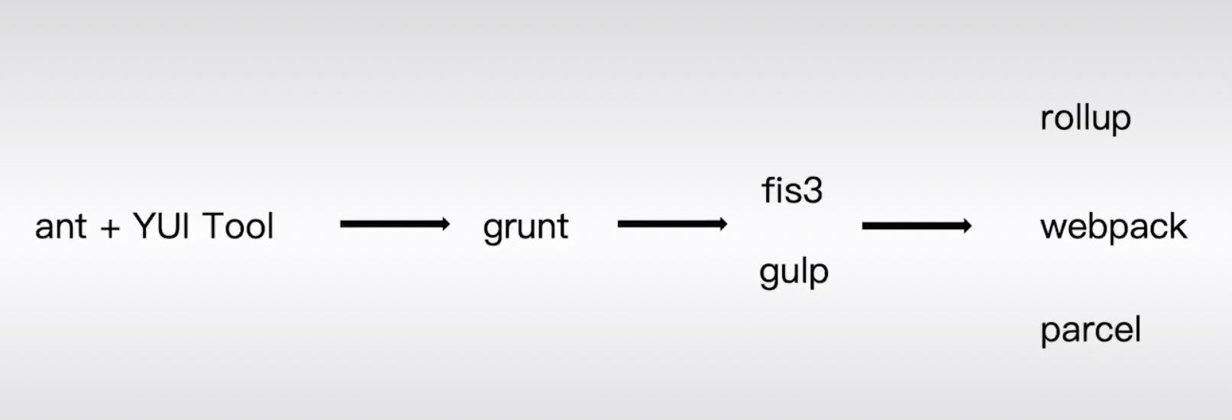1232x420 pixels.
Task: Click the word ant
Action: pos(60,227)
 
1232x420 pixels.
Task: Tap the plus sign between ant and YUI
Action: pos(110,228)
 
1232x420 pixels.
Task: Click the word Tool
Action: pos(238,226)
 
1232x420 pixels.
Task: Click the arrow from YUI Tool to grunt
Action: pos(394,224)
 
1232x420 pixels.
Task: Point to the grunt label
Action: pos(525,227)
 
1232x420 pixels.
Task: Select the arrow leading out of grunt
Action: pos(671,224)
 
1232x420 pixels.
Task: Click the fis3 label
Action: pos(792,190)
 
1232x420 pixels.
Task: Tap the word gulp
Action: pos(794,273)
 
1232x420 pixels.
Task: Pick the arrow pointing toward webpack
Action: pos(916,226)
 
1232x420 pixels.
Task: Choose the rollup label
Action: pos(1085,118)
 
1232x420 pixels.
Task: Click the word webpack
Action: pos(1113,227)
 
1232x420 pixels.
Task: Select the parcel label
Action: pos(1090,331)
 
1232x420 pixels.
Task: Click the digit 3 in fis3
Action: pos(813,191)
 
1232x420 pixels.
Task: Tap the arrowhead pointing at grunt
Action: pos(444,224)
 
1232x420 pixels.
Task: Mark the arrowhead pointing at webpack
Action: pos(966,226)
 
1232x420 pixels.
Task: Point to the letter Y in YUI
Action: pos(143,226)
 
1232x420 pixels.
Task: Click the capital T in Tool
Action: pos(212,226)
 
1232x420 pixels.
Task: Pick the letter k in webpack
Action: pos(1177,226)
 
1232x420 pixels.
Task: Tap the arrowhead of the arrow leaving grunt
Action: pos(721,224)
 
